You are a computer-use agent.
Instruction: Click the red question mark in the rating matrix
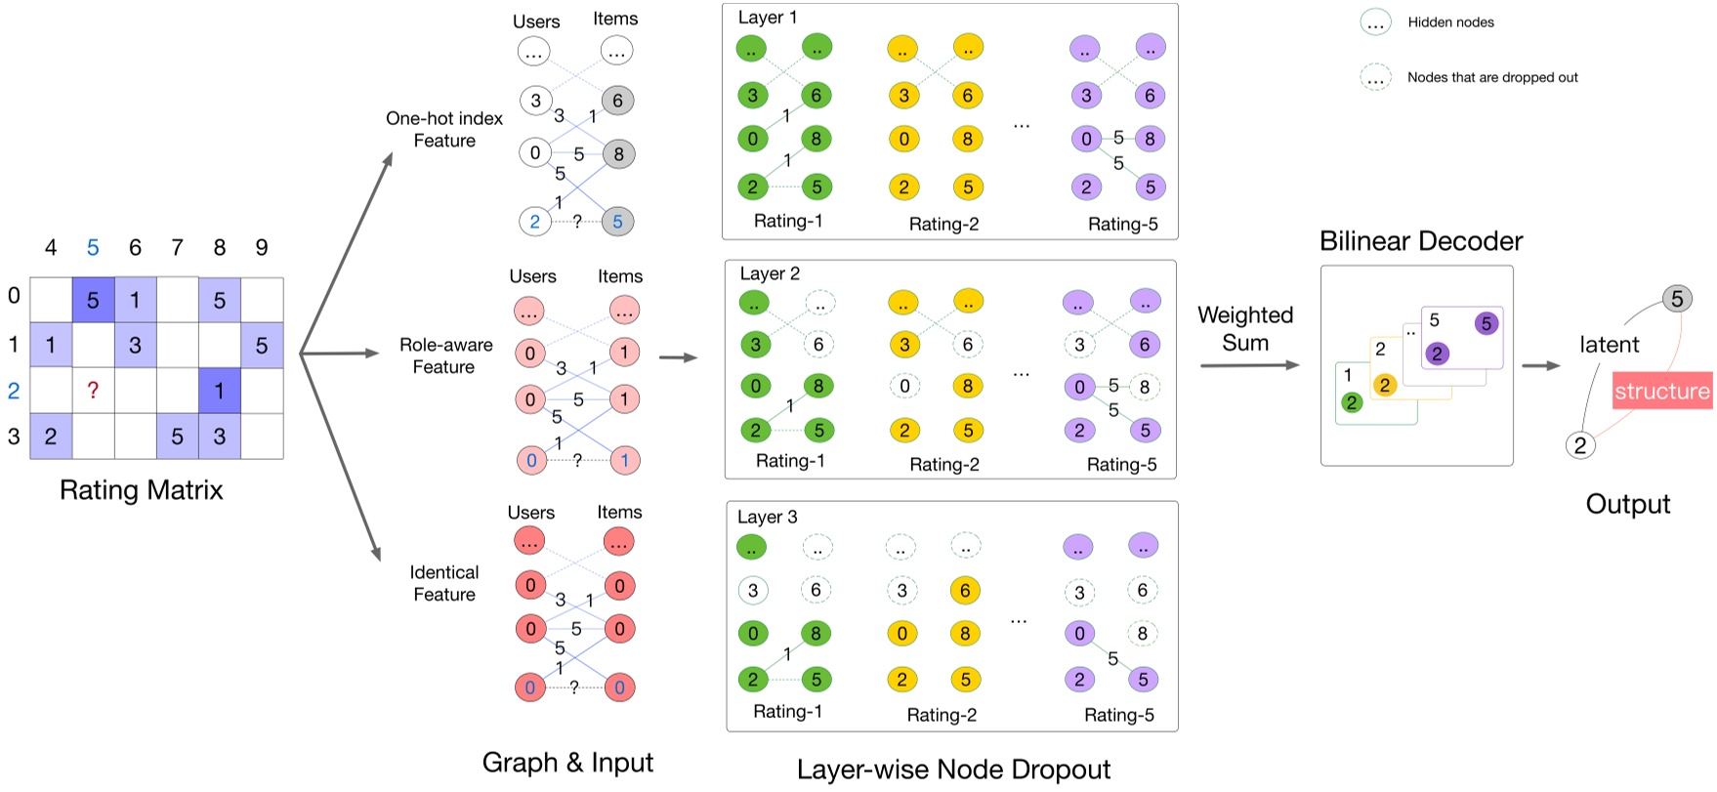[93, 391]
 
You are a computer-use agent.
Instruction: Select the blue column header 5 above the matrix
[93, 248]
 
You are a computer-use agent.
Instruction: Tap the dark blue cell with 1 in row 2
[220, 391]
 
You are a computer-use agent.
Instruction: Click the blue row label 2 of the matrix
[14, 391]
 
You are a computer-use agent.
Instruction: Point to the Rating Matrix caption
[141, 490]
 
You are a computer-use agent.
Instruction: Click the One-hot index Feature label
[444, 129]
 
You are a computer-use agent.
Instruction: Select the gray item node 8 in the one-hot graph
[618, 154]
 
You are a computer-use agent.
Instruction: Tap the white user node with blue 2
[534, 222]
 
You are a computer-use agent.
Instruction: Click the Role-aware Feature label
[445, 355]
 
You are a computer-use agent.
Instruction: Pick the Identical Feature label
[444, 583]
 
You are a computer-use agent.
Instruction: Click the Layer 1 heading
[768, 18]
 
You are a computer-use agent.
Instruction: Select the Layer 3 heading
[767, 517]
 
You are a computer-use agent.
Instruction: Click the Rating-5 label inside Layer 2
[1121, 465]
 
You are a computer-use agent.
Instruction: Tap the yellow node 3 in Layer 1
[903, 96]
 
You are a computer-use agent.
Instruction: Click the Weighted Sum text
[1245, 329]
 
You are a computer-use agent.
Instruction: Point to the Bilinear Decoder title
[1421, 241]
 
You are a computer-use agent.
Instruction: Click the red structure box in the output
[1661, 391]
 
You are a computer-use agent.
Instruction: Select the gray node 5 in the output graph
[1677, 299]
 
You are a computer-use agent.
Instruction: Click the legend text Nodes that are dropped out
[1492, 77]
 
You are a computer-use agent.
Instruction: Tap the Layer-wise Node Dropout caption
[953, 770]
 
